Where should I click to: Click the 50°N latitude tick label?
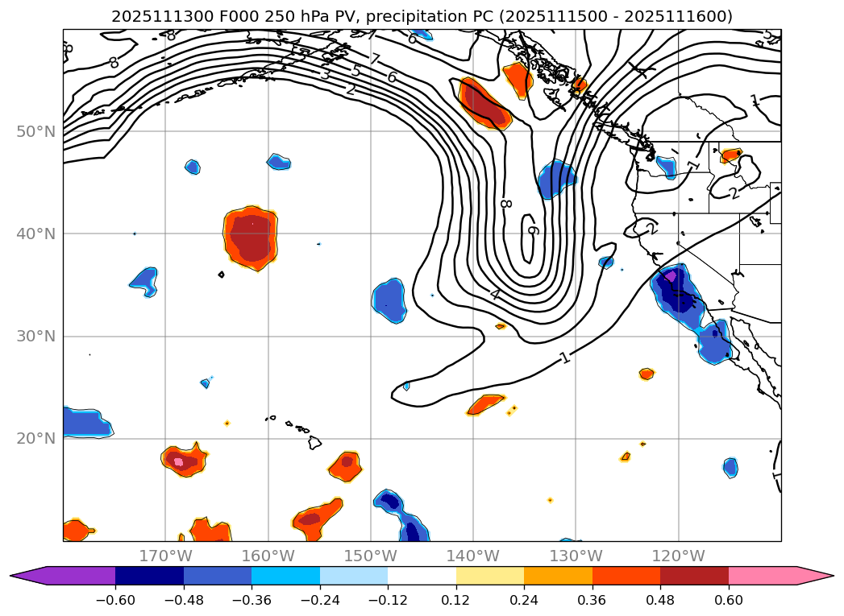[x=36, y=131]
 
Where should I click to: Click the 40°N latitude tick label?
[x=36, y=234]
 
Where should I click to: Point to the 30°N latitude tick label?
[x=36, y=336]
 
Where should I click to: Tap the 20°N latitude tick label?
[x=36, y=438]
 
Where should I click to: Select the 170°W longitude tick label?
[x=165, y=556]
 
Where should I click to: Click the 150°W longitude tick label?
[x=370, y=556]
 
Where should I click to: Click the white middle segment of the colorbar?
[x=422, y=575]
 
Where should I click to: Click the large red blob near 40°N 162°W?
[x=251, y=238]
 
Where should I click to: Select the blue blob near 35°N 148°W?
[x=389, y=300]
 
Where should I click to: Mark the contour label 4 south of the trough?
[x=494, y=295]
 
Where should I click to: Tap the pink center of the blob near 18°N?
[x=179, y=461]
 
